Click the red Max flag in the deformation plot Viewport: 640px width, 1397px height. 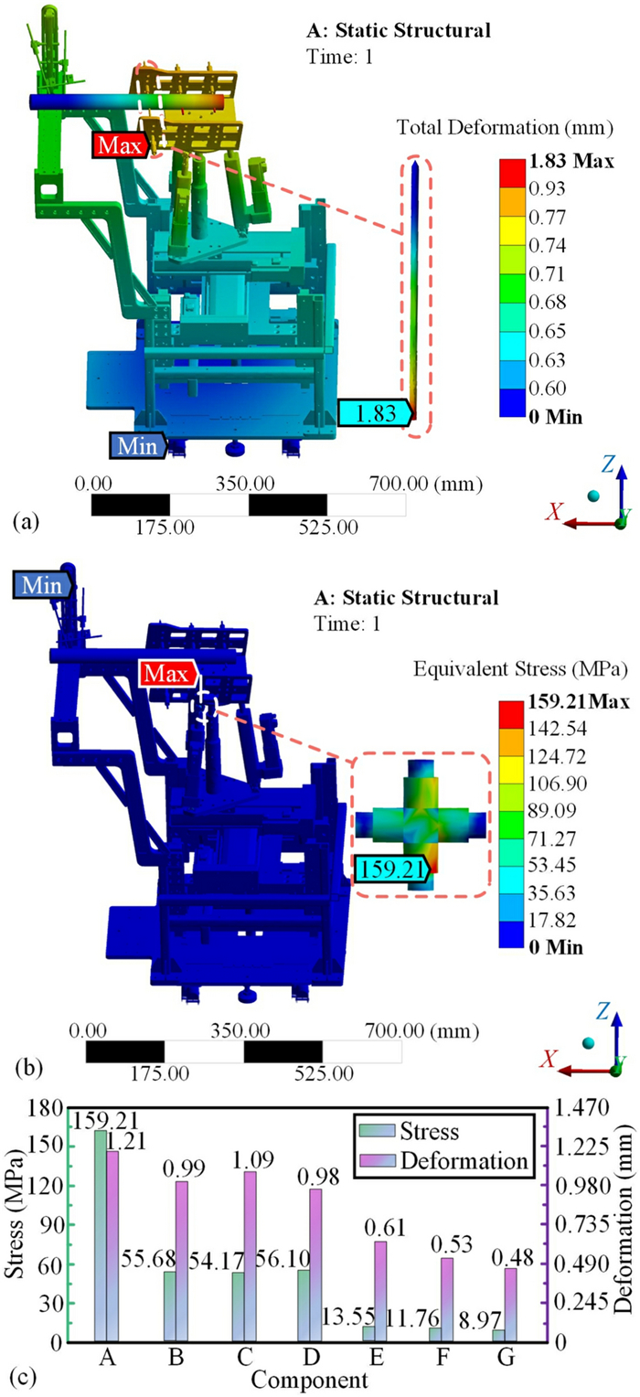[x=121, y=144]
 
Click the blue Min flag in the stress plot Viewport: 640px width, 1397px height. [x=42, y=586]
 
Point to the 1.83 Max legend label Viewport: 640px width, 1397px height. [x=571, y=161]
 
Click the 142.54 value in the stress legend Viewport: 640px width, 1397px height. [x=557, y=729]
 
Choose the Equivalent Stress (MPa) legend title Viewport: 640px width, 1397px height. [x=520, y=669]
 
